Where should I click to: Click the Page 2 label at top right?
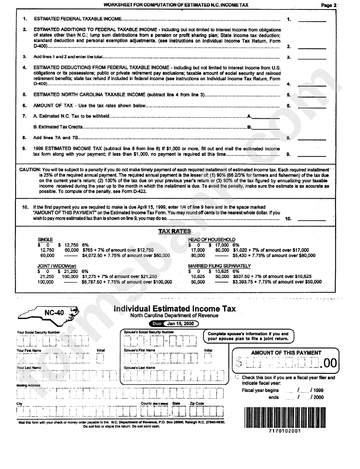coord(328,5)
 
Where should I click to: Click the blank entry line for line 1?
coord(311,20)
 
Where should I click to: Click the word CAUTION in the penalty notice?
coord(30,170)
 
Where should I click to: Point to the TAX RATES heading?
coord(174,231)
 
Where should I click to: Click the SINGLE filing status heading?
coord(45,240)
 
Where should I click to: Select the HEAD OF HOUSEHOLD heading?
coord(211,240)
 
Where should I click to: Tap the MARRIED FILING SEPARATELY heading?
coord(219,266)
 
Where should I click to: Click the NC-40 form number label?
coord(54,313)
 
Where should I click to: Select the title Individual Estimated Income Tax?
coord(175,309)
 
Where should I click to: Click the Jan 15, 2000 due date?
coord(180,323)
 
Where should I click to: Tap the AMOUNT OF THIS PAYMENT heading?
coord(286,353)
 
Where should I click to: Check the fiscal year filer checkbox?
coord(237,377)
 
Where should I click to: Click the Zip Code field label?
coord(197,403)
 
